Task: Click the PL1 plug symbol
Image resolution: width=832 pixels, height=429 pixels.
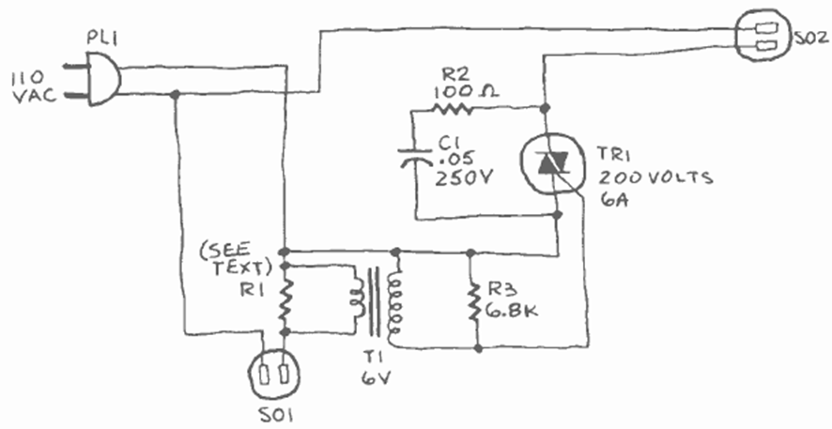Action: [x=104, y=75]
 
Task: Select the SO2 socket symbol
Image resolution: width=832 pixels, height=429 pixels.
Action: [x=762, y=40]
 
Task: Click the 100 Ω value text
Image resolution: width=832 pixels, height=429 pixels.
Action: [x=466, y=92]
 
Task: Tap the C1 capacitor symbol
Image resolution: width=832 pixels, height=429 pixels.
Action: [x=413, y=161]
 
